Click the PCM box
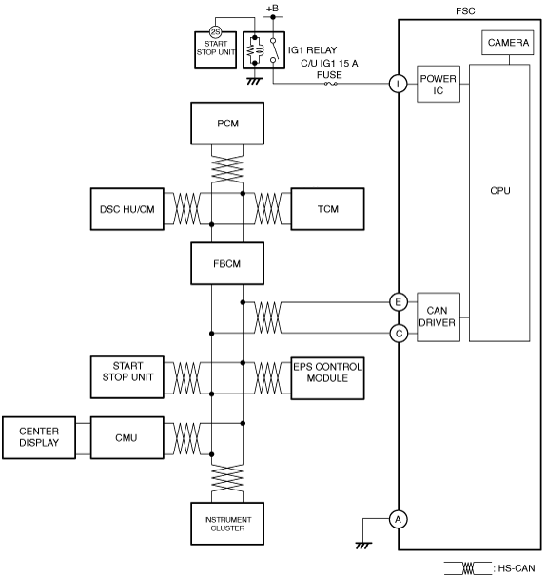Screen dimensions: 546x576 tap(227, 124)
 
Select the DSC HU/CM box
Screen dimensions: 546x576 tap(127, 209)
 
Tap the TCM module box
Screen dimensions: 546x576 tap(327, 209)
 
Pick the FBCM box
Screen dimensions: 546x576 tap(227, 263)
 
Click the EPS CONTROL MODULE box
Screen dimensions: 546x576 tap(327, 378)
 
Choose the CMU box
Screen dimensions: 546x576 tap(127, 437)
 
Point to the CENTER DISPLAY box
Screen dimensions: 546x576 tap(39, 437)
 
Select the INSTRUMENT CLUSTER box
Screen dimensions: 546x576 tap(227, 524)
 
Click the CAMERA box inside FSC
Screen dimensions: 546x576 tap(508, 43)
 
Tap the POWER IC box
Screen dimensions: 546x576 tap(439, 85)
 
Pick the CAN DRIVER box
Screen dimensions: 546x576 tap(439, 317)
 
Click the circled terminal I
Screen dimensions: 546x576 tap(399, 84)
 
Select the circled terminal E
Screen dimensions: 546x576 tap(399, 302)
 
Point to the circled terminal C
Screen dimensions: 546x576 tap(399, 334)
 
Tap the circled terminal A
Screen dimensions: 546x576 tap(399, 519)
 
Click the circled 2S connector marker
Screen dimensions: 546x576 tap(215, 32)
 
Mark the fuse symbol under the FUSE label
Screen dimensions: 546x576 tap(330, 84)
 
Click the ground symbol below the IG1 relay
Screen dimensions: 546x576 tap(254, 81)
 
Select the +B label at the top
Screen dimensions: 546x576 tap(272, 9)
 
